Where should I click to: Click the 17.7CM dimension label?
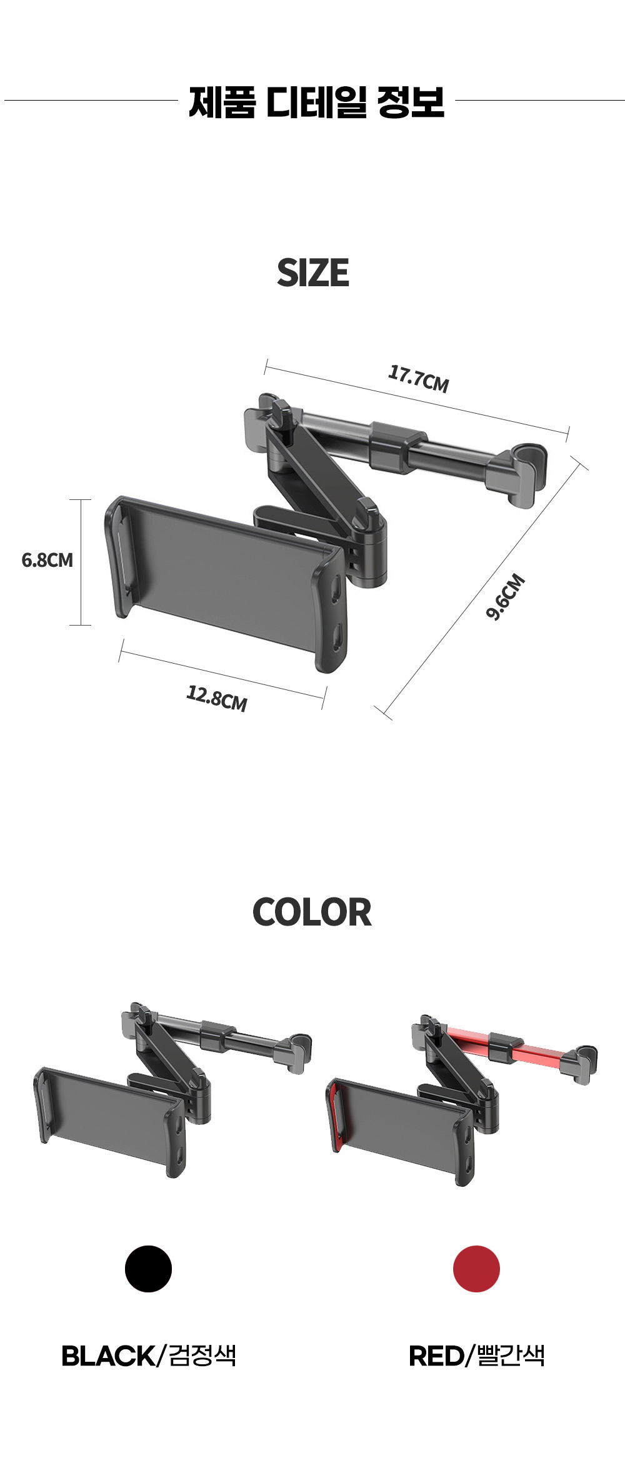click(x=419, y=379)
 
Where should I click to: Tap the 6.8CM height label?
click(x=47, y=560)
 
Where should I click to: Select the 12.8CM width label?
click(x=217, y=698)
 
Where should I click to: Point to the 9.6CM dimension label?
click(x=506, y=597)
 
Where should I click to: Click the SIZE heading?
click(x=313, y=272)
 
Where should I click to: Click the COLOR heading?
click(x=312, y=912)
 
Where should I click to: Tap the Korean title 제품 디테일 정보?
click(x=317, y=102)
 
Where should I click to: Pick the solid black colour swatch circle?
click(x=148, y=1269)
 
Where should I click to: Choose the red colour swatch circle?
click(x=476, y=1269)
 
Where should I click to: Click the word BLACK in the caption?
click(x=107, y=1356)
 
